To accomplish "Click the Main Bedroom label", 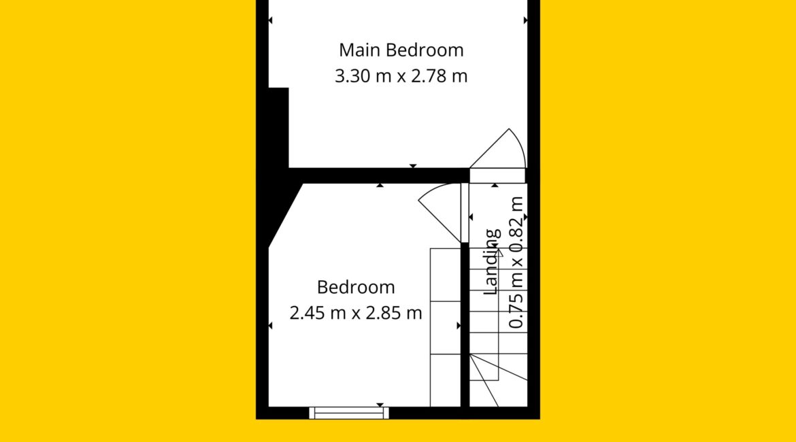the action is [x=401, y=50].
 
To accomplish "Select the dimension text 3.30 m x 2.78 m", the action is [x=401, y=76].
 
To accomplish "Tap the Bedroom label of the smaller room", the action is [x=356, y=287].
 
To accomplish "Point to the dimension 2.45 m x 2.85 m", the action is [x=356, y=313].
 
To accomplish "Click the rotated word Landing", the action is [x=491, y=262].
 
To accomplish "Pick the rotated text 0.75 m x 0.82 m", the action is [x=516, y=262].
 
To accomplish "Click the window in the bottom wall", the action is [x=349, y=413].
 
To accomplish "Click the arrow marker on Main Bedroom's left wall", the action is [x=270, y=20].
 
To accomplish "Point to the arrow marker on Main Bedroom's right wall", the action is [x=525, y=20].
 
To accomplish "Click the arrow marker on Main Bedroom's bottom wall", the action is [x=413, y=166].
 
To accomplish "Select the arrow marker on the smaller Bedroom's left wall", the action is [x=270, y=325].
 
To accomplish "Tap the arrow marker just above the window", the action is [x=380, y=405].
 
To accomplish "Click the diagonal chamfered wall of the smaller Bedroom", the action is [x=286, y=216].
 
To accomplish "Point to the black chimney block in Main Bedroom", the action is [x=278, y=128].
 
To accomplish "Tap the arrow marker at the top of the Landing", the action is [x=495, y=185].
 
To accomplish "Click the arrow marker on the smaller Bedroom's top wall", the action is [x=380, y=185].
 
